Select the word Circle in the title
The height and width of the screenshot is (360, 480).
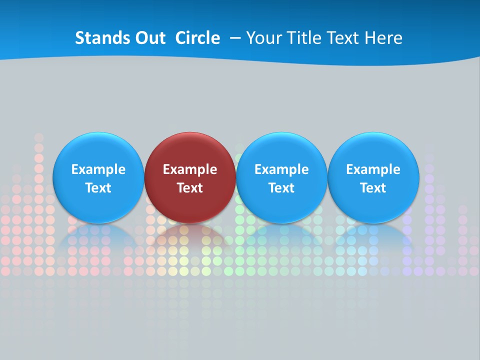coord(197,38)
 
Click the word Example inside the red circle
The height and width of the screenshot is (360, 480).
coord(190,169)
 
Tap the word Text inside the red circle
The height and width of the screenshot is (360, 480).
coord(190,188)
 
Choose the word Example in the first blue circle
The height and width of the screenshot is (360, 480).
coord(98,169)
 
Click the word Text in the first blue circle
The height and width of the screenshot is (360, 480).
coord(98,188)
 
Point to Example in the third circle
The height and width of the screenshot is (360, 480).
coord(281,169)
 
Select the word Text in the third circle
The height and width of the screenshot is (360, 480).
coord(281,188)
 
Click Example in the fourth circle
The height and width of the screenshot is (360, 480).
coord(373,169)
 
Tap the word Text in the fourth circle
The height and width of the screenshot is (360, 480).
coord(373,188)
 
